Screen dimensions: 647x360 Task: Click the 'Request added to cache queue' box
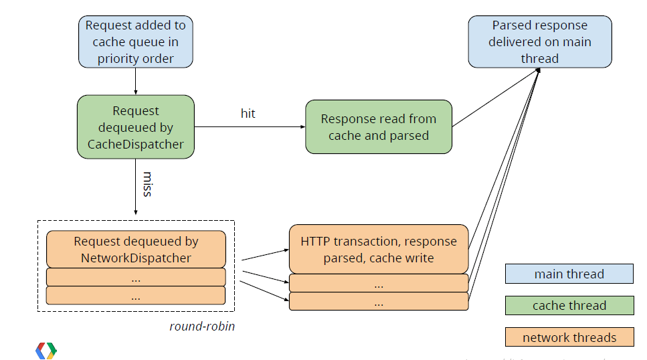click(136, 41)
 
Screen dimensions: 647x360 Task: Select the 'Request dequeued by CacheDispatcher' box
click(136, 127)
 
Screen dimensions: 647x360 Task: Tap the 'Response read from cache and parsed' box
click(379, 126)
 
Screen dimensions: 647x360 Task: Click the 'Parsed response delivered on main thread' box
click(540, 41)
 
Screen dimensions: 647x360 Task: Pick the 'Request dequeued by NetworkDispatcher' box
click(136, 250)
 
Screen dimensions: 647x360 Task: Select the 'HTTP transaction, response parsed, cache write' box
click(379, 250)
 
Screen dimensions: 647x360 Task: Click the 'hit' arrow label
click(248, 114)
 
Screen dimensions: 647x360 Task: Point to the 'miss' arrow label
click(148, 184)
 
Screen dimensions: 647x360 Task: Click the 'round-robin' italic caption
click(202, 326)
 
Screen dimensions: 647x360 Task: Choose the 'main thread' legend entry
click(569, 274)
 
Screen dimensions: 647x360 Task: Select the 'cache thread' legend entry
click(569, 306)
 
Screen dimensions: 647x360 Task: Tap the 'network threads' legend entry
click(569, 337)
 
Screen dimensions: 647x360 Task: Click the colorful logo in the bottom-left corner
click(46, 351)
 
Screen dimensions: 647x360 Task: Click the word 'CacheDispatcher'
click(136, 144)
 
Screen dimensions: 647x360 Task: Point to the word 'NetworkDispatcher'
click(136, 258)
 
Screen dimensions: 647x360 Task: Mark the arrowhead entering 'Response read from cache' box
click(303, 126)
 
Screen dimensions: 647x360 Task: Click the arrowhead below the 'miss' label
click(136, 212)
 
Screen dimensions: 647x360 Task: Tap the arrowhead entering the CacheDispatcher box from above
click(136, 92)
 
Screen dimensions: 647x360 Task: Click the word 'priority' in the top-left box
click(116, 59)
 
